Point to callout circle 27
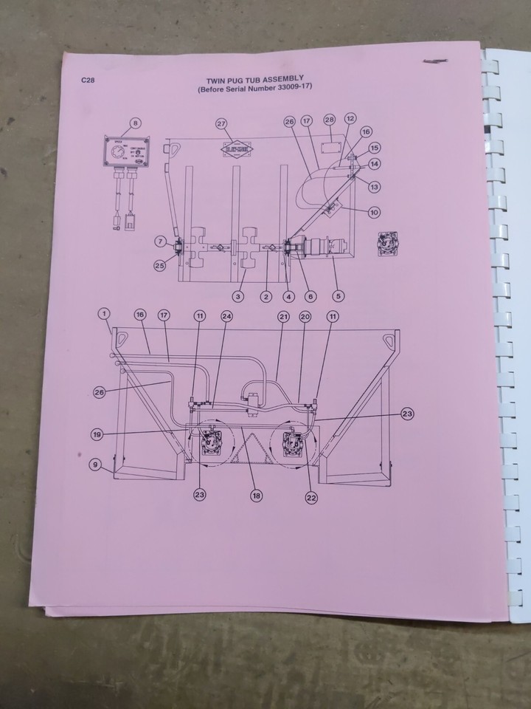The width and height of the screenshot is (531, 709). pyautogui.click(x=221, y=123)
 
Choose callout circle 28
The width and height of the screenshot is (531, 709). pyautogui.click(x=329, y=120)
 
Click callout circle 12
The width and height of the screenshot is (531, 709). pyautogui.click(x=350, y=118)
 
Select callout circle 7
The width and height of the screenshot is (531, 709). pyautogui.click(x=160, y=241)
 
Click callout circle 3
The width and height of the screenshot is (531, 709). pyautogui.click(x=238, y=296)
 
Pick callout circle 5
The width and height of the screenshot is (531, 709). pyautogui.click(x=339, y=296)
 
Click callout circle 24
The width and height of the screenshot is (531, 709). pyautogui.click(x=226, y=315)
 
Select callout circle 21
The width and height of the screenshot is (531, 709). pyautogui.click(x=283, y=315)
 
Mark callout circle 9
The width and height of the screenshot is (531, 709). pyautogui.click(x=95, y=465)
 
